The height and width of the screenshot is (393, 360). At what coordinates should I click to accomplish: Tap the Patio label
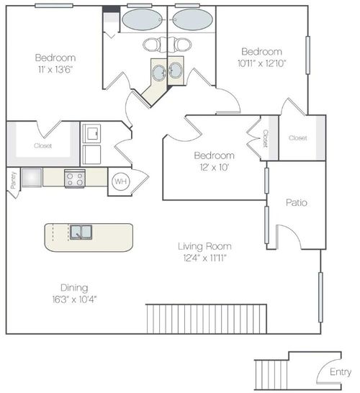tap(296, 203)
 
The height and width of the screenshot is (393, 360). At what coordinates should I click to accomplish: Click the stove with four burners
tap(75, 178)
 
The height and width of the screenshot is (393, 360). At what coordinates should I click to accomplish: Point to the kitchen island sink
tap(81, 232)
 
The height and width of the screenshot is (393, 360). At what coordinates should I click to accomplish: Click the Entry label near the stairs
tap(340, 372)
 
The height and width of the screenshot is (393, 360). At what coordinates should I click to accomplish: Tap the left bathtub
tap(143, 19)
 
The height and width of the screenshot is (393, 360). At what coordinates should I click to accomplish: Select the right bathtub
tap(192, 19)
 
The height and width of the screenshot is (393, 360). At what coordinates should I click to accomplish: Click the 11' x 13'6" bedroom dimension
tap(56, 69)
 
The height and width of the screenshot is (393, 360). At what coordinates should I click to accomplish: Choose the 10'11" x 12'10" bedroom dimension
tap(261, 63)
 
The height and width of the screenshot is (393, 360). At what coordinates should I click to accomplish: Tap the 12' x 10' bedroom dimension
tap(213, 167)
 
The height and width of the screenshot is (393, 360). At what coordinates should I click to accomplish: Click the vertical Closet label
tap(265, 138)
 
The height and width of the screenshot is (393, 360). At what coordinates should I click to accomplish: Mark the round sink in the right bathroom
tap(176, 71)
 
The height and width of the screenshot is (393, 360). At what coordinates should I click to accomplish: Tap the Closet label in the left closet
tap(42, 145)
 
